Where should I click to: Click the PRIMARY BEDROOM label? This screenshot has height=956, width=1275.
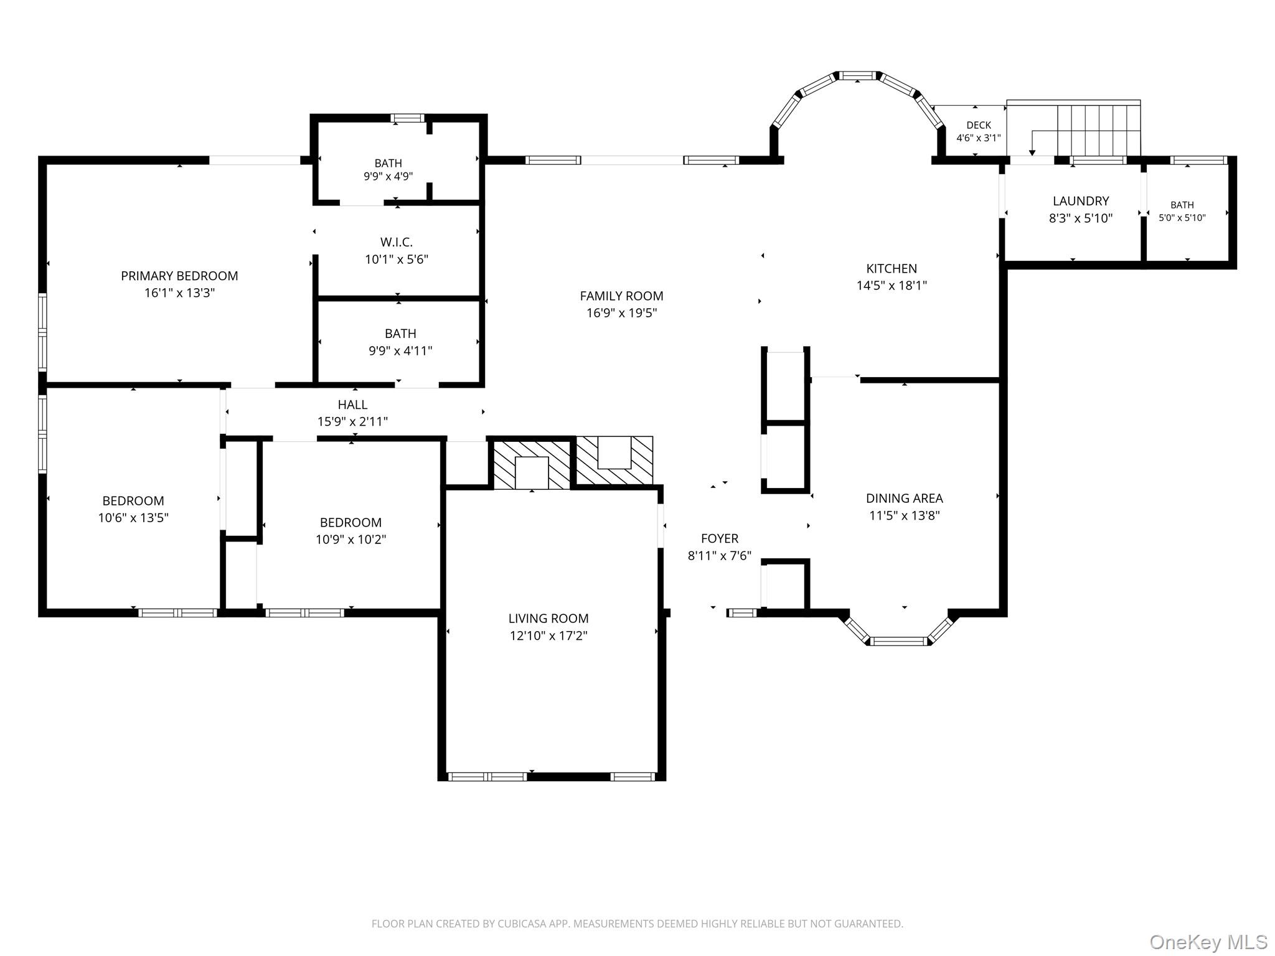click(x=179, y=276)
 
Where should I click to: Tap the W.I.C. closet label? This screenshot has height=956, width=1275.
click(x=397, y=242)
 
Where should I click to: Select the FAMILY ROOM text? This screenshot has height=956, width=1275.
click(x=621, y=296)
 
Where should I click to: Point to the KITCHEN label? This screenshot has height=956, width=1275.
click(x=892, y=269)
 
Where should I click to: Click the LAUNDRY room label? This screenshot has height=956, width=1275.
click(x=1081, y=201)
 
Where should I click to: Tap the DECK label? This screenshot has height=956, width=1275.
click(x=979, y=125)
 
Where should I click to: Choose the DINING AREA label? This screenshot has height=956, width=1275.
click(x=904, y=499)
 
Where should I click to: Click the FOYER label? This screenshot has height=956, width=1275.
click(x=720, y=539)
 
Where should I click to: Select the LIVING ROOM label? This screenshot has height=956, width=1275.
click(x=548, y=619)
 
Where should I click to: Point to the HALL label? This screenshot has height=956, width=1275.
click(x=352, y=405)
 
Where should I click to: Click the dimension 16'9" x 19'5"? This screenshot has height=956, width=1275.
click(x=621, y=313)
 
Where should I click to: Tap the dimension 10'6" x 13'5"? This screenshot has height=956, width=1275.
click(x=133, y=518)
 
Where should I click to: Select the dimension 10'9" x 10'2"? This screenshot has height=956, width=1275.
click(x=351, y=540)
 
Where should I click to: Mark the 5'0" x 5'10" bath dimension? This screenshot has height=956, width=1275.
click(x=1182, y=218)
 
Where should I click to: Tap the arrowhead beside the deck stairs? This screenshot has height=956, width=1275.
click(x=1032, y=152)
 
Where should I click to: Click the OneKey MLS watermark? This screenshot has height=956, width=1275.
click(x=1208, y=942)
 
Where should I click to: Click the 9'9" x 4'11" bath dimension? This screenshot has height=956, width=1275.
click(x=400, y=351)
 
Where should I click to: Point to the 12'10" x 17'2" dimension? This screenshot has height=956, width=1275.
click(x=548, y=635)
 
